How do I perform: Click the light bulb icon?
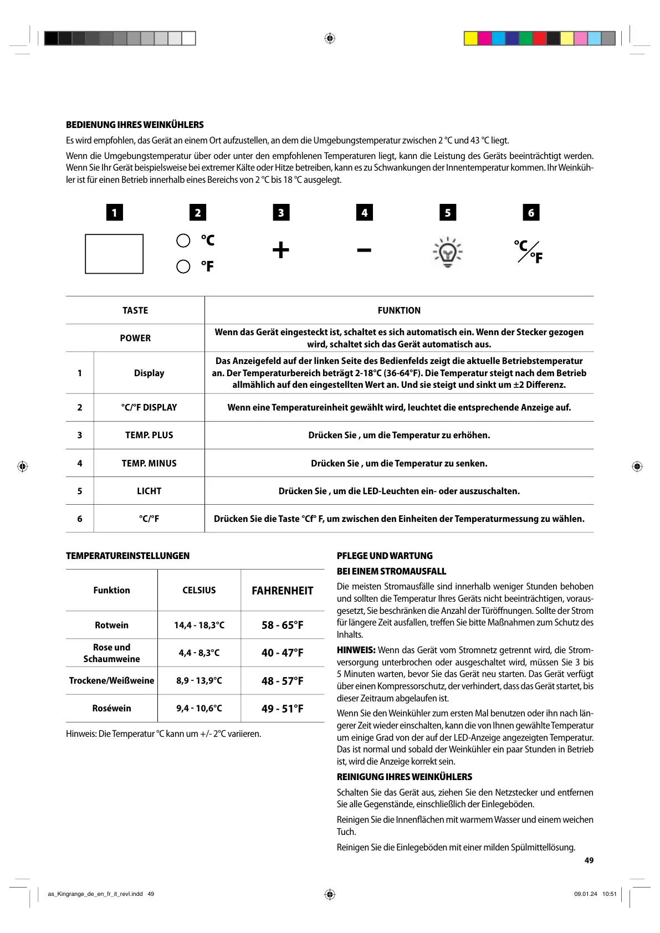(x=447, y=253)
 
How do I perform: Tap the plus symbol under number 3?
(x=281, y=250)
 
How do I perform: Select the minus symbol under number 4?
(x=364, y=250)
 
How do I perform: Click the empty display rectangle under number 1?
(x=114, y=254)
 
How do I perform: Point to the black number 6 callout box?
(x=531, y=213)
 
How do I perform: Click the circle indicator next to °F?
(x=183, y=266)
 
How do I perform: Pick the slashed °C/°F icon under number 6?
(x=528, y=252)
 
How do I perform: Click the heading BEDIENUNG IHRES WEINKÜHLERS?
(x=135, y=125)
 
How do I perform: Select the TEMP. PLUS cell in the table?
(x=149, y=435)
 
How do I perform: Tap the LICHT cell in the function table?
(x=149, y=491)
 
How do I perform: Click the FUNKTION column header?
(x=399, y=310)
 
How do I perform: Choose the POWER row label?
(x=135, y=338)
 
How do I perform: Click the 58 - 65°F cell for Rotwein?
(x=283, y=625)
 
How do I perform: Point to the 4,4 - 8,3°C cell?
(x=199, y=653)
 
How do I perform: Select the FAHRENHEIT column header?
(x=283, y=591)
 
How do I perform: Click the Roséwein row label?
(x=112, y=709)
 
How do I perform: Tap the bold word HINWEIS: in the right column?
(x=356, y=650)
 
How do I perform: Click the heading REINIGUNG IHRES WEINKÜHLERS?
(x=405, y=777)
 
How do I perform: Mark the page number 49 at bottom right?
(x=589, y=860)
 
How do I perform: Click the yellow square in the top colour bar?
(x=470, y=38)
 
